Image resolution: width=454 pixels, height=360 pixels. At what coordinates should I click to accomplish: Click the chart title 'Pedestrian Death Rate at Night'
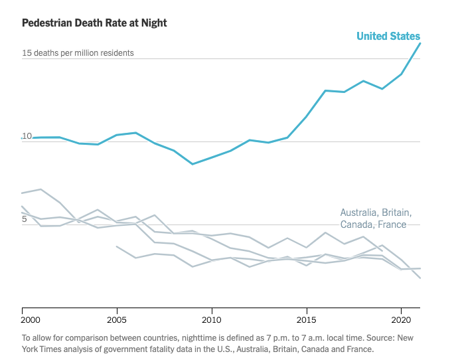pyautogui.click(x=94, y=23)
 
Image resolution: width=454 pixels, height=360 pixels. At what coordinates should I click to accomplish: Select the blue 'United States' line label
pyautogui.click(x=388, y=36)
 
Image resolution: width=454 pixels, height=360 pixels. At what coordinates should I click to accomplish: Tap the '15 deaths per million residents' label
pyautogui.click(x=78, y=52)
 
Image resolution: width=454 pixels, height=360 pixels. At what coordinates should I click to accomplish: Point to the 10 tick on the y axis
pyautogui.click(x=27, y=136)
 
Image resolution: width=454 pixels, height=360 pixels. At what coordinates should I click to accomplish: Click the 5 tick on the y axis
pyautogui.click(x=25, y=219)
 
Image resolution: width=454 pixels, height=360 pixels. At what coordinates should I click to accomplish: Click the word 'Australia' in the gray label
pyautogui.click(x=359, y=213)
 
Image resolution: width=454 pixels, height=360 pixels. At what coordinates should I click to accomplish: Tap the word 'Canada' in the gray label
pyautogui.click(x=357, y=225)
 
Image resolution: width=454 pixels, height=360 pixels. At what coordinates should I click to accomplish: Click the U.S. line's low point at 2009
pyautogui.click(x=192, y=163)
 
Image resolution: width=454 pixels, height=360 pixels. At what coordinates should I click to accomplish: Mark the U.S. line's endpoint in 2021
pyautogui.click(x=420, y=43)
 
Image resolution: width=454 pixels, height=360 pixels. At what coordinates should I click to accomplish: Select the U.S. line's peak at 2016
pyautogui.click(x=325, y=90)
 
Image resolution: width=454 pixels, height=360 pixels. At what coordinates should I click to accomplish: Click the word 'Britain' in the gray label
pyautogui.click(x=397, y=213)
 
